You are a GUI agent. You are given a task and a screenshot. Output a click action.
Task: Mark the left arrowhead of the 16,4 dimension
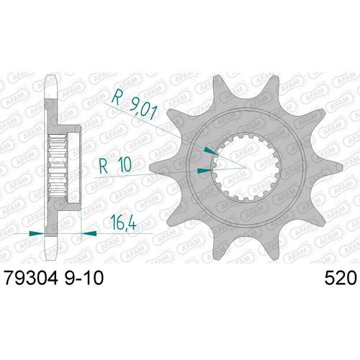pos(39,233)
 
